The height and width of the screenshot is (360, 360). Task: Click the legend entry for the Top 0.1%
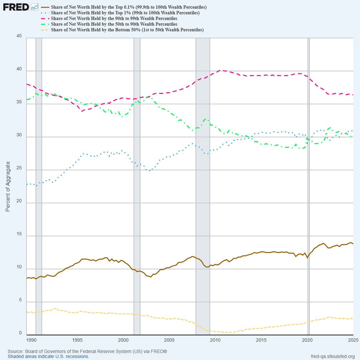click(x=129, y=7)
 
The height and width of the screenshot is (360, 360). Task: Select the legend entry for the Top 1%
click(x=125, y=13)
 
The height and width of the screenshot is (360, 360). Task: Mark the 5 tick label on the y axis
click(x=20, y=300)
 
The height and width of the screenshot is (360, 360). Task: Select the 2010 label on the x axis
click(x=215, y=340)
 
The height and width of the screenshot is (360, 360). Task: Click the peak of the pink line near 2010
click(x=220, y=70)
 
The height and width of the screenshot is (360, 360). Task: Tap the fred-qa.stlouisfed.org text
click(x=332, y=356)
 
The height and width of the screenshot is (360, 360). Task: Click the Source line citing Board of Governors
click(x=87, y=351)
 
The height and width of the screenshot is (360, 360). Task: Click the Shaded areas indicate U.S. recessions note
click(x=48, y=356)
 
